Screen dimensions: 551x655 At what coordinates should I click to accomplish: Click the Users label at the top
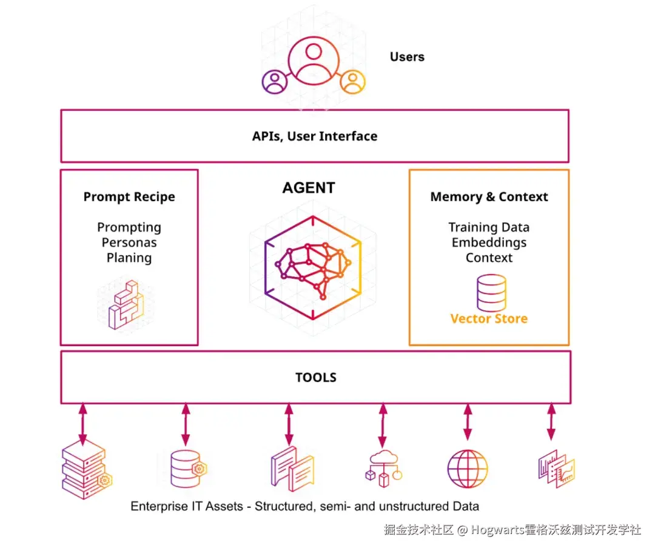click(407, 57)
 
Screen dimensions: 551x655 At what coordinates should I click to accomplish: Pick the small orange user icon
click(352, 82)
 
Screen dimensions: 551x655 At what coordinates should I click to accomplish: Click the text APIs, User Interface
click(315, 136)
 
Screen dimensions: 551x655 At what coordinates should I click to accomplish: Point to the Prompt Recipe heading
click(129, 197)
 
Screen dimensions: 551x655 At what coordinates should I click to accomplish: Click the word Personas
click(129, 242)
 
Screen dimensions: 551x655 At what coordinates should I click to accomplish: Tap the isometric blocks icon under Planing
click(125, 305)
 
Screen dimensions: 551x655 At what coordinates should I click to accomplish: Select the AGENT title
click(309, 188)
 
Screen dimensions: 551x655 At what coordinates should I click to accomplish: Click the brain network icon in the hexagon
click(312, 267)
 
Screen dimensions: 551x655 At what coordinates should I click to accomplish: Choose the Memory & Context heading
click(489, 197)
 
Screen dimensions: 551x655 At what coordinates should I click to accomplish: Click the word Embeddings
click(489, 242)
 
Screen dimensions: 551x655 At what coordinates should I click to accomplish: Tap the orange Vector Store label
click(489, 319)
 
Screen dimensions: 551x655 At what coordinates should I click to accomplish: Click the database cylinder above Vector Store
click(491, 292)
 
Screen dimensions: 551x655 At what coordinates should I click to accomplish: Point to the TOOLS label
click(315, 377)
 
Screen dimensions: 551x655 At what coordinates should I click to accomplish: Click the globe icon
click(467, 469)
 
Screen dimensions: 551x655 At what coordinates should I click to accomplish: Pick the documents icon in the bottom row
click(292, 469)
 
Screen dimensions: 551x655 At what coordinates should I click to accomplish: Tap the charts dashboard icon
click(556, 469)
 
